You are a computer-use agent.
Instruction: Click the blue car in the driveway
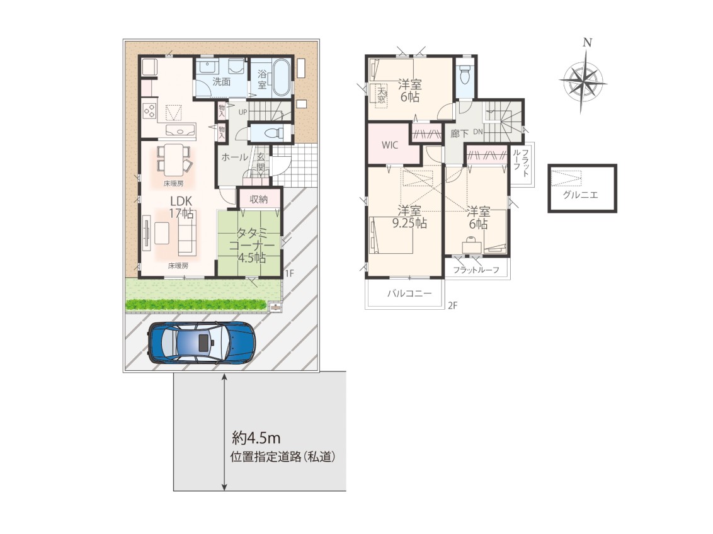(x=201, y=342)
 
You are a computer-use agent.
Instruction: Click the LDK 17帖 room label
(x=181, y=207)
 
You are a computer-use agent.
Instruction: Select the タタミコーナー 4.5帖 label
(x=251, y=246)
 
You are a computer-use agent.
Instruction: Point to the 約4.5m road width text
(x=256, y=438)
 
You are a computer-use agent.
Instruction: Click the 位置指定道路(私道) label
(x=283, y=457)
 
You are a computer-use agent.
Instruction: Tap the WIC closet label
(x=390, y=145)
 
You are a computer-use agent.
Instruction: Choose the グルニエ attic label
(x=580, y=195)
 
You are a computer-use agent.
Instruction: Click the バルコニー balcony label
(x=409, y=293)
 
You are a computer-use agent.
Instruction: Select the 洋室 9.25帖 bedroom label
(x=409, y=217)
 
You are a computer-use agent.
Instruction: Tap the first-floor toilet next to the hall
(x=272, y=133)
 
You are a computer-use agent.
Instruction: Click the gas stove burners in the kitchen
(x=150, y=110)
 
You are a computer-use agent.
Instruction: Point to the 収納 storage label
(x=259, y=199)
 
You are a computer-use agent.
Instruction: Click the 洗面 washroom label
(x=222, y=82)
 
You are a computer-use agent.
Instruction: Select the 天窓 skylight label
(x=381, y=94)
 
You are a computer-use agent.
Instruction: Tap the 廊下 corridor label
(x=459, y=133)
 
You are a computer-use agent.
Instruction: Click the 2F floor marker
(x=452, y=305)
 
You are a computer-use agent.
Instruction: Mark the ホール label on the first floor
(x=235, y=157)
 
